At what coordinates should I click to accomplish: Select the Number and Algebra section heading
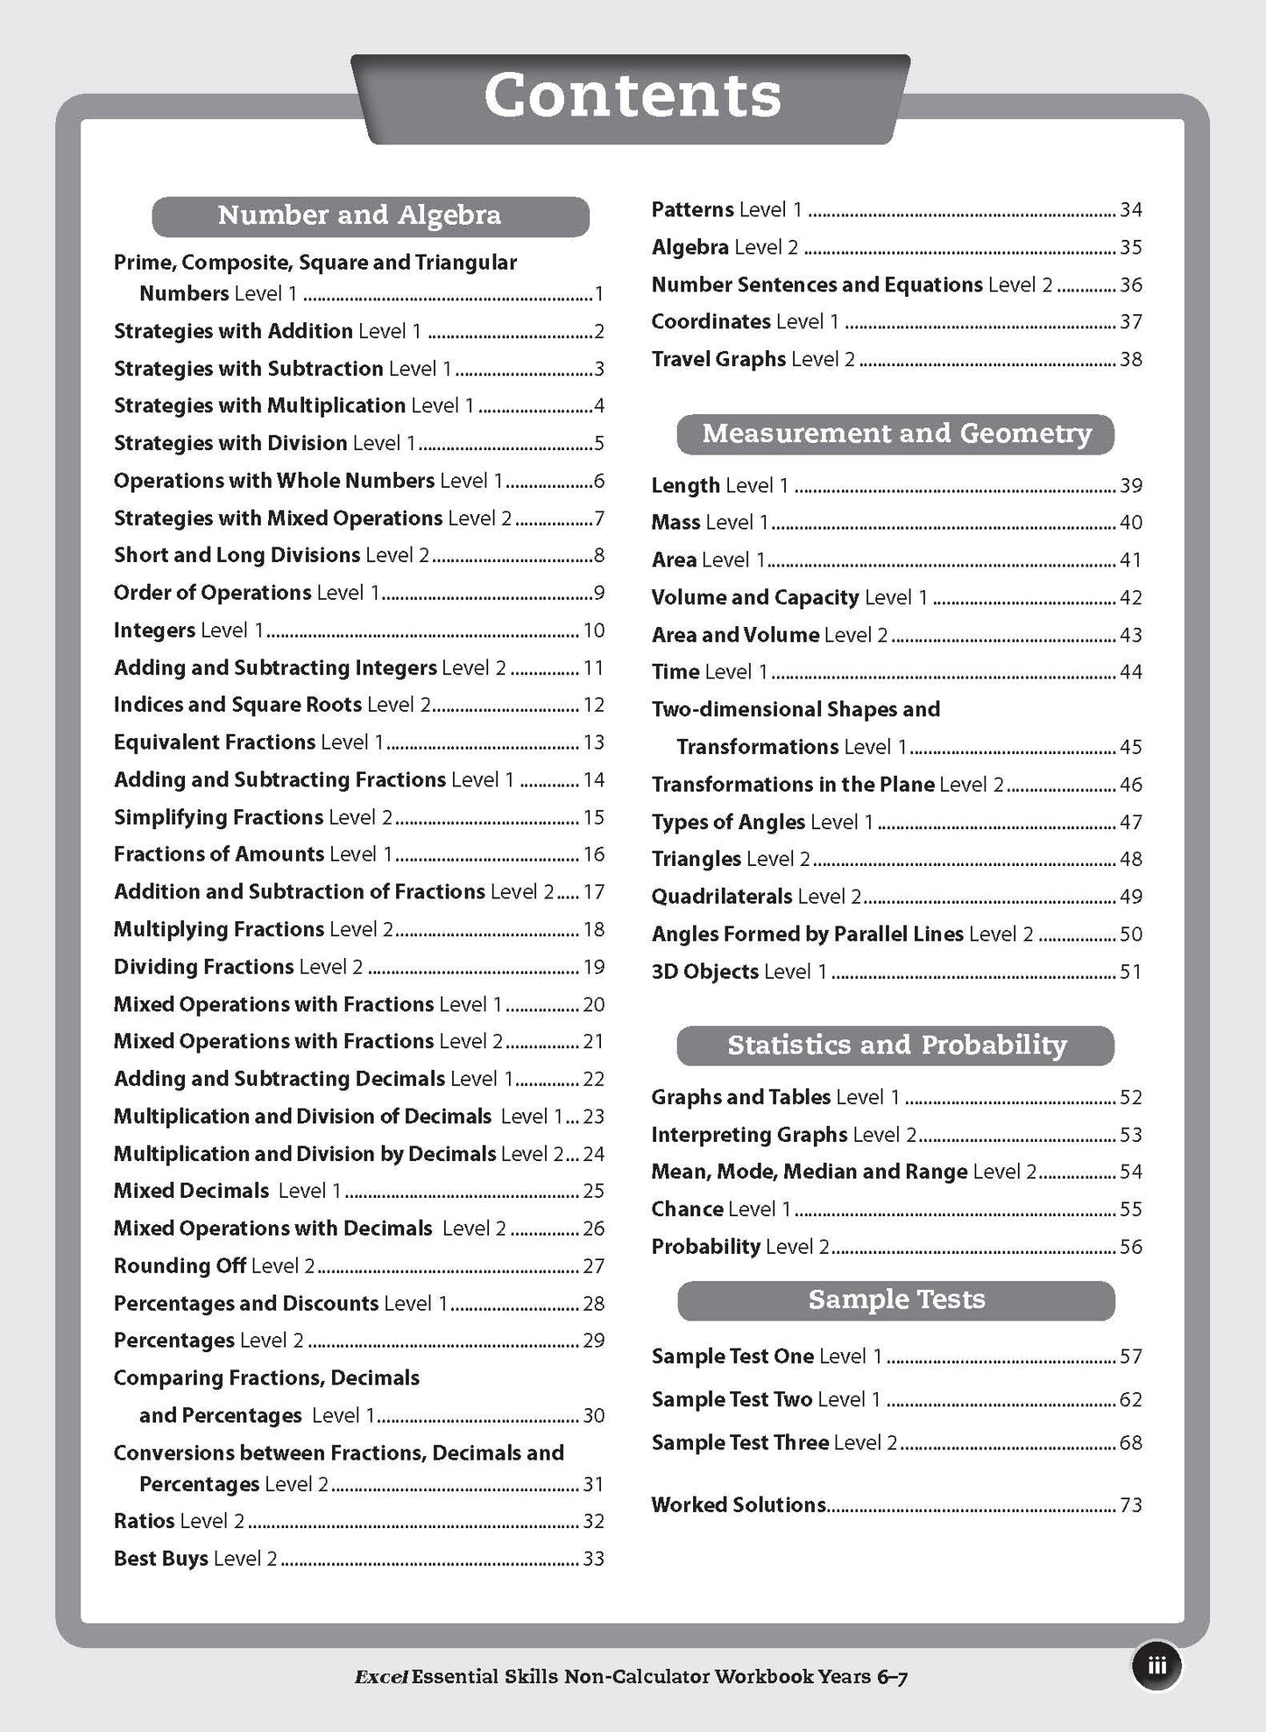click(359, 215)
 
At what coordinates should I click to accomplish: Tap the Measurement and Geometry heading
click(896, 433)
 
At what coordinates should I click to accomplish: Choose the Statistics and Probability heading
click(896, 1046)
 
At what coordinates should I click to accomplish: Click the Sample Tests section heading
click(896, 1299)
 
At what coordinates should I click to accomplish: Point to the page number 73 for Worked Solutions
click(1131, 1505)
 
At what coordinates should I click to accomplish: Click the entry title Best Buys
click(160, 1559)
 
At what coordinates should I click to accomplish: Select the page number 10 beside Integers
click(593, 630)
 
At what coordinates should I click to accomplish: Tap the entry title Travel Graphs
click(718, 359)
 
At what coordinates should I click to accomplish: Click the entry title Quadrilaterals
click(721, 897)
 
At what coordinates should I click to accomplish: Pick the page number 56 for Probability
click(1131, 1247)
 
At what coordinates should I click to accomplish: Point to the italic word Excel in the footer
click(380, 1678)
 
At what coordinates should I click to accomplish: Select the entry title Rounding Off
click(179, 1266)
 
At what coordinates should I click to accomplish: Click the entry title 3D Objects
click(704, 972)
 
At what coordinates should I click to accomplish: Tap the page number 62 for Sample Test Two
click(1131, 1399)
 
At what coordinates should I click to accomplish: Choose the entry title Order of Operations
click(212, 593)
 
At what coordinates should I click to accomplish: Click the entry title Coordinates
click(711, 322)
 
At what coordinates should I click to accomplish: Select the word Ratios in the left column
click(144, 1521)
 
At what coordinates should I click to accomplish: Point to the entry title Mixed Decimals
click(191, 1191)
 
